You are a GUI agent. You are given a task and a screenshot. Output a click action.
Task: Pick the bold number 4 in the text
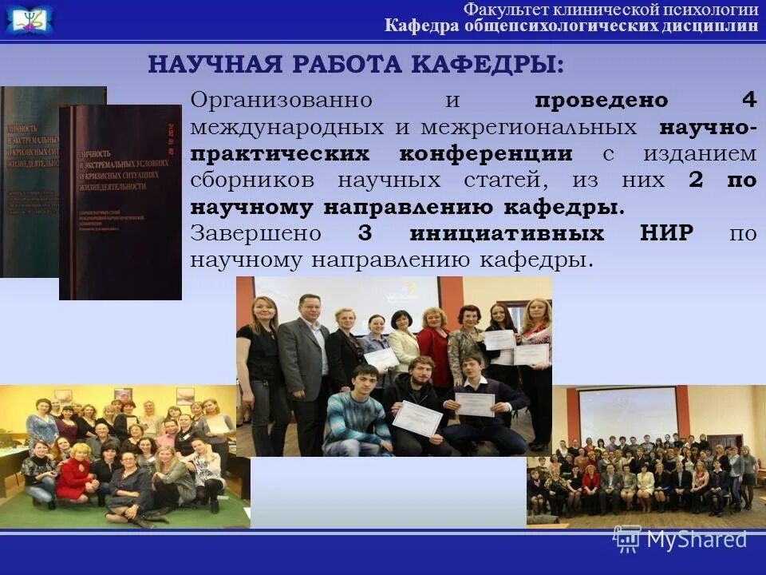click(748, 101)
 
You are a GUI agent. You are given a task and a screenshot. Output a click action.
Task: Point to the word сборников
click(253, 180)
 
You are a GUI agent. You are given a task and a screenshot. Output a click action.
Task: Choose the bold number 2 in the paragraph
click(696, 180)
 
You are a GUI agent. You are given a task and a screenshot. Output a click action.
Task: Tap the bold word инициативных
click(506, 233)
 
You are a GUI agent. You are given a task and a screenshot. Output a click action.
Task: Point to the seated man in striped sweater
click(355, 415)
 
